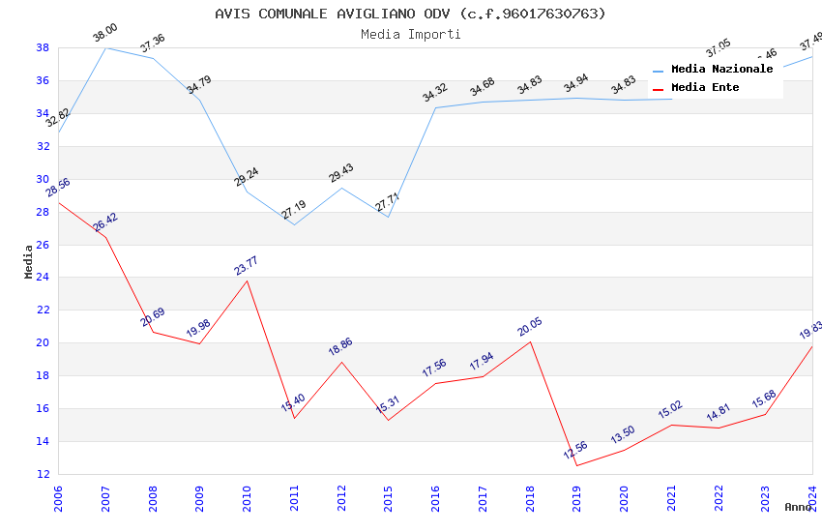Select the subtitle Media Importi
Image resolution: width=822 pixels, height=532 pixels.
pos(410,35)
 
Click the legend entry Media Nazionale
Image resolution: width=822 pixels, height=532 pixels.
pos(721,70)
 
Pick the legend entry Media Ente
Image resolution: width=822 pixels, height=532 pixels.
pos(705,88)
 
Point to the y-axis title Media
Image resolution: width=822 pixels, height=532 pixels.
pos(29,261)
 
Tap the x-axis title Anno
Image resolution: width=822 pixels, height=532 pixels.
pos(798,507)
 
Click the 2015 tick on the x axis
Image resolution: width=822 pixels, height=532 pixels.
pos(388,493)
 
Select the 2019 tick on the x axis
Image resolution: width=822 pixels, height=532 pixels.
pos(576,493)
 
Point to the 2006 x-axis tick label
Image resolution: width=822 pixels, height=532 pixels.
pos(58,493)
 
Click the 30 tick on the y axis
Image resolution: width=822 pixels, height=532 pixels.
pos(44,179)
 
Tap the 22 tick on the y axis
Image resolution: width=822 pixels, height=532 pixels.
pos(44,310)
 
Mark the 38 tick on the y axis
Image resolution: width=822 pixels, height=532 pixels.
pos(44,47)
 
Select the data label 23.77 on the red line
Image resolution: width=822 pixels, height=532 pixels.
pos(247,266)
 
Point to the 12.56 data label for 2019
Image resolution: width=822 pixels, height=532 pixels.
pos(575,451)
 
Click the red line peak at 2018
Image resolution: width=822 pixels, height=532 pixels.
pos(530,342)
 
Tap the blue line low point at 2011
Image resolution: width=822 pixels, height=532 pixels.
pos(294,224)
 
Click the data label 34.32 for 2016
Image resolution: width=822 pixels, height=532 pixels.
pos(435,93)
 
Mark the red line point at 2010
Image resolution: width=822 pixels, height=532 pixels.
pos(247,281)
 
